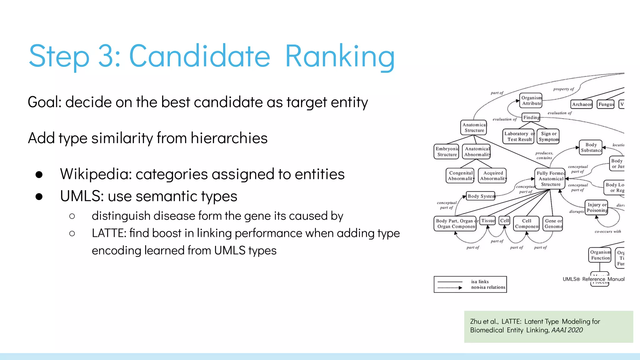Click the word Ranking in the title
click(340, 56)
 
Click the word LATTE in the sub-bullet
click(109, 233)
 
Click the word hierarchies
click(229, 138)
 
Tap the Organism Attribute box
click(531, 101)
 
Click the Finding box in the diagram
click(531, 117)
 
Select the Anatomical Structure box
click(474, 127)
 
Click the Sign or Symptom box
click(548, 137)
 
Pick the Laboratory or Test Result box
click(518, 137)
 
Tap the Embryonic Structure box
click(447, 152)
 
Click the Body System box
click(481, 196)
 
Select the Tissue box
click(488, 221)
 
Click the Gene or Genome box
click(553, 223)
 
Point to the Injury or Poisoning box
click(597, 207)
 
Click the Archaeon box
click(582, 104)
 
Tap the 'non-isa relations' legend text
click(488, 287)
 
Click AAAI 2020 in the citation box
click(567, 330)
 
